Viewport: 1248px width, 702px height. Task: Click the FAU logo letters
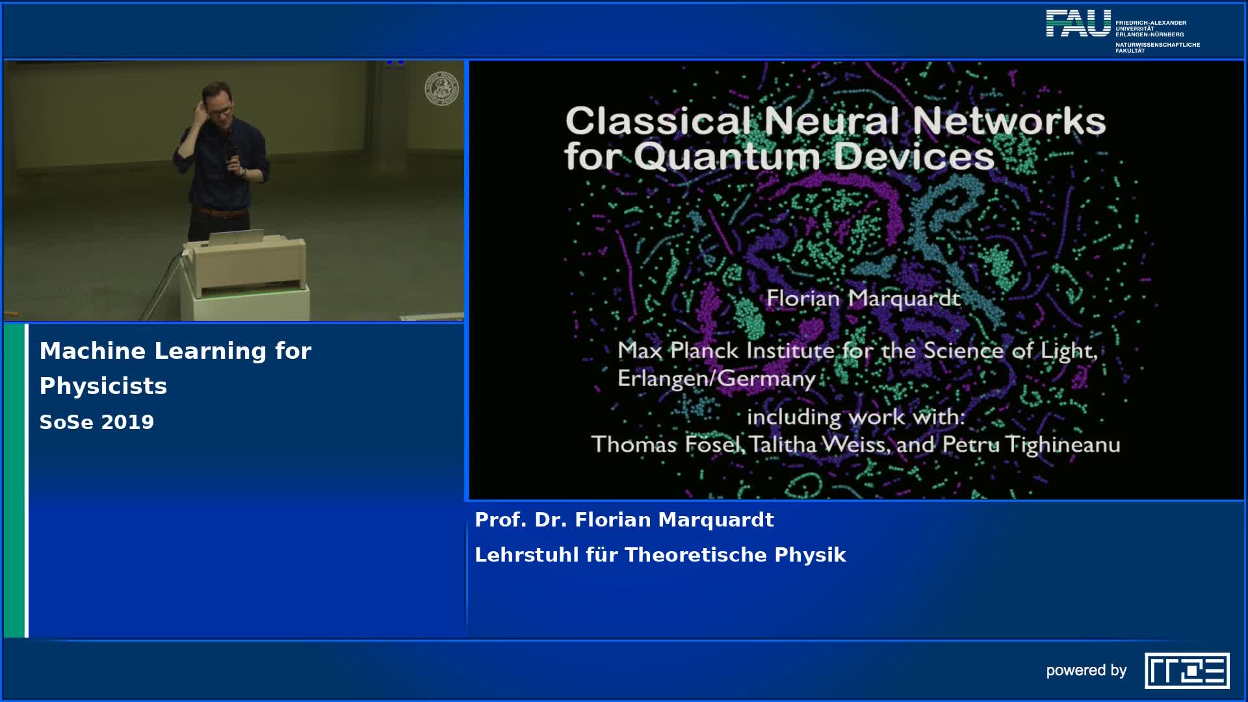(1078, 23)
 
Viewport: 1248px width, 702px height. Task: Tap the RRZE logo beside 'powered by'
(1187, 670)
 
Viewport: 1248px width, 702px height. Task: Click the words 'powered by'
(1086, 671)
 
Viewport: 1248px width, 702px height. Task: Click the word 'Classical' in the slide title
(659, 121)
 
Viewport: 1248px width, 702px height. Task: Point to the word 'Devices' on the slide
(914, 156)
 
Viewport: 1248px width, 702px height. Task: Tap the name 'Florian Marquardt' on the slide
(863, 298)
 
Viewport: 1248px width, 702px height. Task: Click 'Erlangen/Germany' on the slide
(716, 378)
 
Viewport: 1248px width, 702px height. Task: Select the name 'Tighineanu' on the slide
(1063, 445)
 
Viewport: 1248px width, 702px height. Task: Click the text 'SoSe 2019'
(97, 422)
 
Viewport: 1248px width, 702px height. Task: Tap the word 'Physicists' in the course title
(103, 386)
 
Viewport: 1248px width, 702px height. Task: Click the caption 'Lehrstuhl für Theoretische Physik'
(660, 555)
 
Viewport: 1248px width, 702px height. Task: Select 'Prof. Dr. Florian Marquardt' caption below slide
(624, 520)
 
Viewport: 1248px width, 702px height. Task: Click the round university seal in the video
(441, 89)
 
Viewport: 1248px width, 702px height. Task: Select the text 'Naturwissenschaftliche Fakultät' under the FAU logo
(1158, 47)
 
